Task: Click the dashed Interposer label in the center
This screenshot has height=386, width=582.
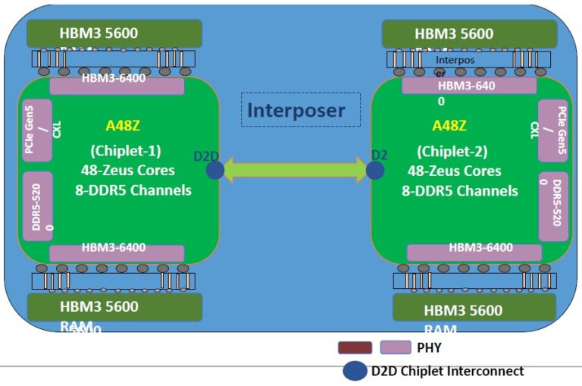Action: click(301, 110)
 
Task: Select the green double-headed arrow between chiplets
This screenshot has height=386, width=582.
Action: click(295, 169)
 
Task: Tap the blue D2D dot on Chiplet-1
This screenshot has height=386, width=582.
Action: click(214, 169)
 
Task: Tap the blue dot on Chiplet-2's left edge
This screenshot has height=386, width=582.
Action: click(375, 169)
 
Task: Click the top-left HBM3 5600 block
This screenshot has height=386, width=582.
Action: click(114, 33)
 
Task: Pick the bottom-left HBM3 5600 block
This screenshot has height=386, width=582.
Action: click(114, 306)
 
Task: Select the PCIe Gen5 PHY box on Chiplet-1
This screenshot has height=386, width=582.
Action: click(36, 130)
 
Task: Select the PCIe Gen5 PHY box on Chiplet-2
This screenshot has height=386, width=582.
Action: click(553, 130)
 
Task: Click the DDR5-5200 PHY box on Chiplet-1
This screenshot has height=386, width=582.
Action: click(36, 204)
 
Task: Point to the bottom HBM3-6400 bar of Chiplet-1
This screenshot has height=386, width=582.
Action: click(117, 253)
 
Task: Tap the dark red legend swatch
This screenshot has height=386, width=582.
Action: click(355, 348)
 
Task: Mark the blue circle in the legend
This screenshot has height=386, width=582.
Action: click(355, 371)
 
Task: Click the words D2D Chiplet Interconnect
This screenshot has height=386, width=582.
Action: click(447, 371)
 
